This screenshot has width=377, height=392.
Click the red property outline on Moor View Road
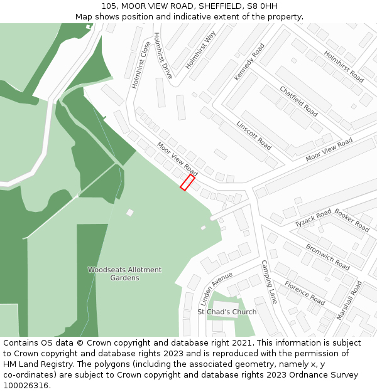(x=187, y=183)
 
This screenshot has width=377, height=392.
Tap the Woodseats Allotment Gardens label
(x=124, y=273)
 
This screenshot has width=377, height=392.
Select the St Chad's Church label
(x=227, y=312)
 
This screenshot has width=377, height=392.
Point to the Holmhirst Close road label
(x=141, y=65)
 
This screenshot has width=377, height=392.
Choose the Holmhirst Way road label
(x=201, y=49)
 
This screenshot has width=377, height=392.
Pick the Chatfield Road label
(x=298, y=101)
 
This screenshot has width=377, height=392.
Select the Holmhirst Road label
(x=344, y=66)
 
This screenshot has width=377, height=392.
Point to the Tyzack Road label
(x=313, y=218)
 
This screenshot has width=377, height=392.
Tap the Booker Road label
(x=352, y=220)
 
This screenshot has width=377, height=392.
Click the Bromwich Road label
(x=327, y=257)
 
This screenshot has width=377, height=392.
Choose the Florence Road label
(x=305, y=292)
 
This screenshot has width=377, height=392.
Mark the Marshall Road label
(x=349, y=300)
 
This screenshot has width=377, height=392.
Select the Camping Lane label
(x=269, y=282)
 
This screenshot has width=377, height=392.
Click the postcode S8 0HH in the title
(x=260, y=6)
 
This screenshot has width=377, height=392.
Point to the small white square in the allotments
(x=130, y=213)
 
